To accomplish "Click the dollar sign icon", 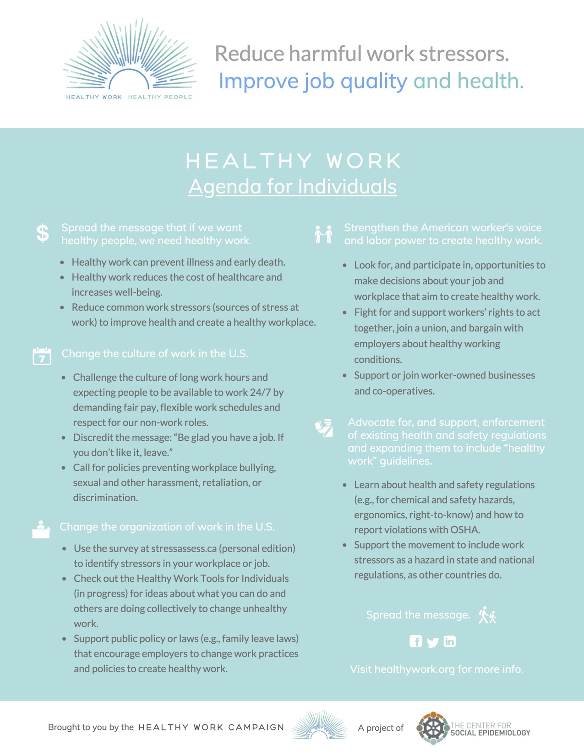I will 43,233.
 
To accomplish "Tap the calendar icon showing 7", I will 42,356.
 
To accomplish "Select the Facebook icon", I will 415,641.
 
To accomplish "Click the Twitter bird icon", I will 432,642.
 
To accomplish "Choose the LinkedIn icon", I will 450,641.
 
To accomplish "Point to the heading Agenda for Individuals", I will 292,186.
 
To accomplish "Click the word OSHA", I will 465,530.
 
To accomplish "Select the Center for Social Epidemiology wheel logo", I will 432,728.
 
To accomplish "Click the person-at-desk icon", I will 41,530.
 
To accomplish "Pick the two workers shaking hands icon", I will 323,234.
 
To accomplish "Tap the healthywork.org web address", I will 415,669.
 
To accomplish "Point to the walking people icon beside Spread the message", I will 487,615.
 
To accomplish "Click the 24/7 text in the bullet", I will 265,393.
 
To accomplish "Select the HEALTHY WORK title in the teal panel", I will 293,161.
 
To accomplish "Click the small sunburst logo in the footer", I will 320,725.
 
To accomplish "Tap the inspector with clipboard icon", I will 324,428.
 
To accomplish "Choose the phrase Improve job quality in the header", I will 313,81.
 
